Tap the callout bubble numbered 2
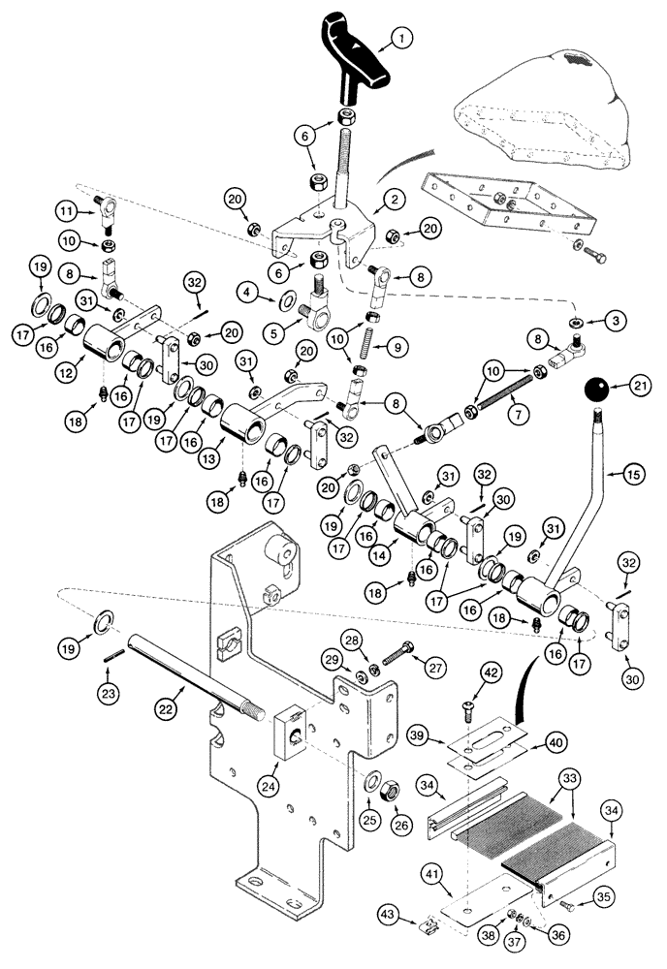[395, 200]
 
